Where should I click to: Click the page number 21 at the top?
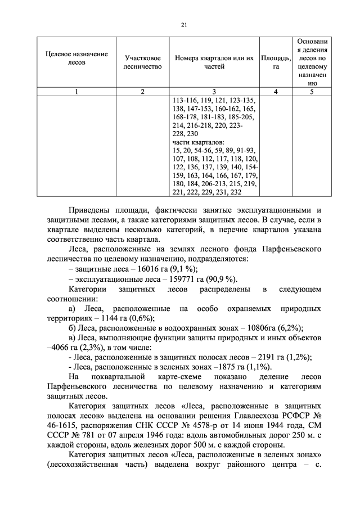[x=183, y=25]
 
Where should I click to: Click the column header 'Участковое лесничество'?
[x=142, y=62]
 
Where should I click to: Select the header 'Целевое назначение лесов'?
[x=76, y=58]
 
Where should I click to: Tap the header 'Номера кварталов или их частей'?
[x=214, y=62]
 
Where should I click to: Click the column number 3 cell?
[x=214, y=92]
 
